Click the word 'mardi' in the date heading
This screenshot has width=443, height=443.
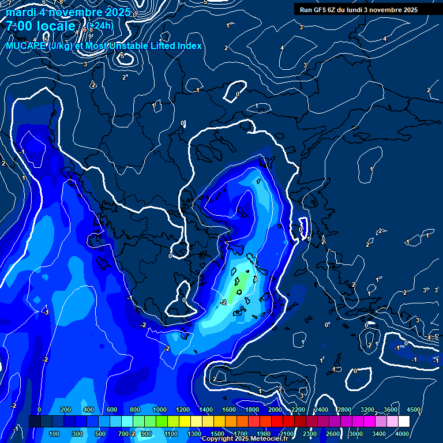click(21, 12)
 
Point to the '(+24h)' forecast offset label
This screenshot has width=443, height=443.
click(100, 25)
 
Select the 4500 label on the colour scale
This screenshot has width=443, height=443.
click(414, 410)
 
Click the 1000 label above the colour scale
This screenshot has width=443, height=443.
click(160, 410)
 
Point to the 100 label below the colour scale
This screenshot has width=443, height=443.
click(55, 433)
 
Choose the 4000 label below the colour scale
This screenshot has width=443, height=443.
click(402, 433)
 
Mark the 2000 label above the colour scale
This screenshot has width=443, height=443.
click(275, 410)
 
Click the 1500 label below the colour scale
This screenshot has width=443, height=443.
click(217, 433)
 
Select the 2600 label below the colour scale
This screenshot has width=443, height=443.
click(333, 433)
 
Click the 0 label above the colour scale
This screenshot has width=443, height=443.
click(39, 410)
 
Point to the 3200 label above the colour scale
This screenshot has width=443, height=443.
click(367, 410)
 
